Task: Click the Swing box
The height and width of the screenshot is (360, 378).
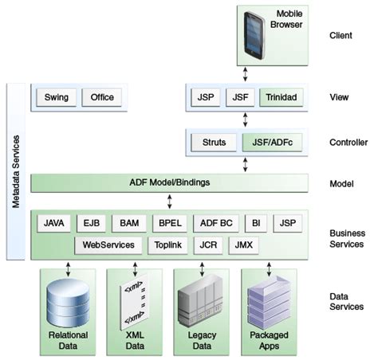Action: [55, 98]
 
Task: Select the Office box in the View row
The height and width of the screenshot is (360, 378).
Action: [102, 98]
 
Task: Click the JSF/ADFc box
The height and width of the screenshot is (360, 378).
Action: [271, 143]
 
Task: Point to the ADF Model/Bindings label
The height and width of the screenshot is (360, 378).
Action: [169, 182]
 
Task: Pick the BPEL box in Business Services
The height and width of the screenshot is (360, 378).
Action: [169, 223]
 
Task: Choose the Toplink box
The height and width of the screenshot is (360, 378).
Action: [167, 245]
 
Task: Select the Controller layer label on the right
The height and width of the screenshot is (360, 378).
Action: [348, 143]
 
